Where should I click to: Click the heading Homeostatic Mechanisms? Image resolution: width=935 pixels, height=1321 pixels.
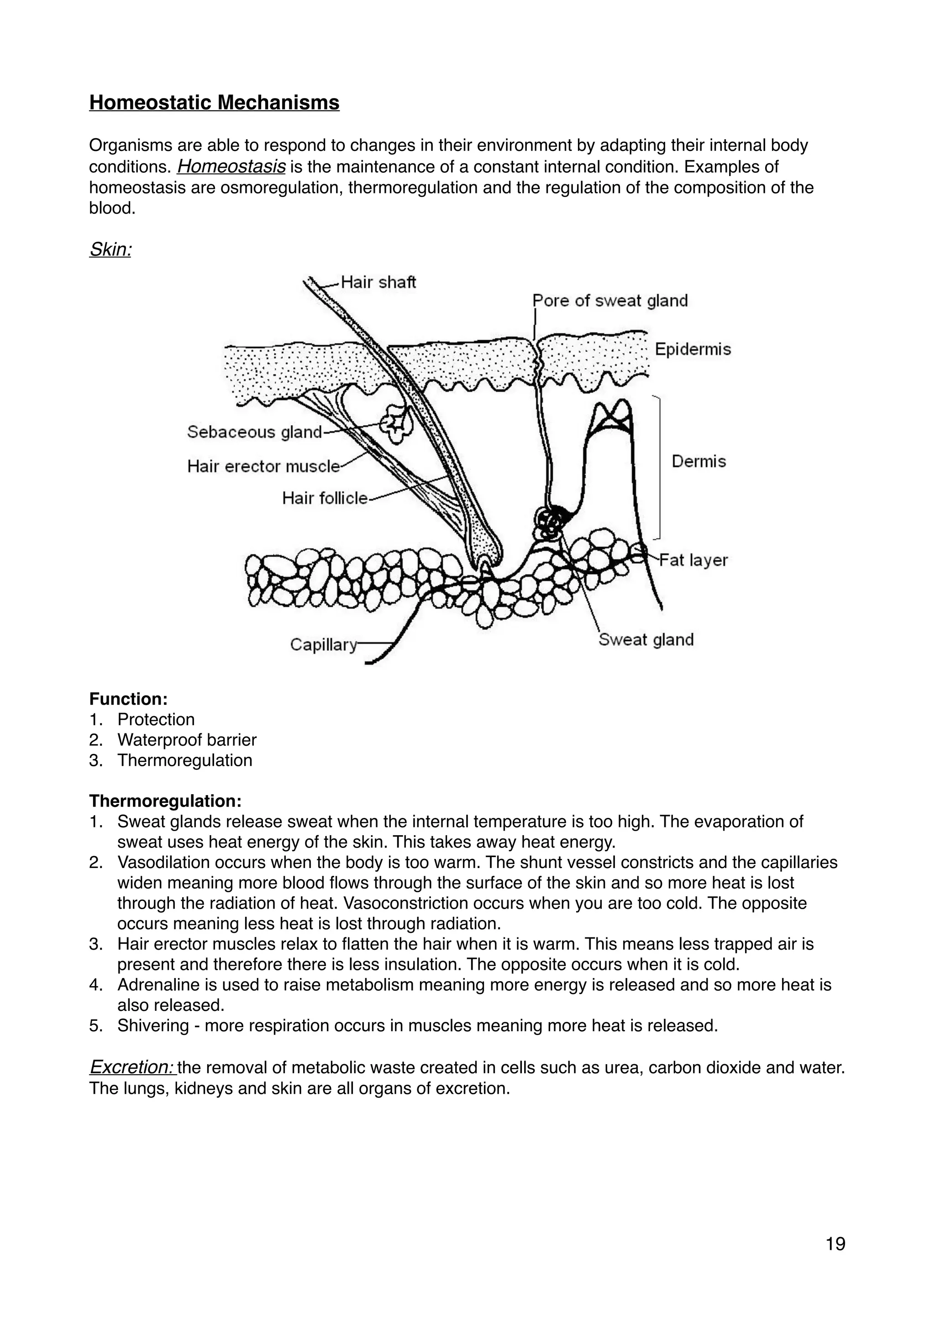[x=214, y=103]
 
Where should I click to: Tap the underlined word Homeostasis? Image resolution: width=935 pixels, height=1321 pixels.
[x=231, y=167]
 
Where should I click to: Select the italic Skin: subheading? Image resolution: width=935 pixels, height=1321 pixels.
[x=110, y=249]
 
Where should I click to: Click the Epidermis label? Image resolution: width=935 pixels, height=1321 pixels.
[x=693, y=349]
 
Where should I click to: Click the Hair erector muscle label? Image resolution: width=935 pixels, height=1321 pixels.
[x=263, y=466]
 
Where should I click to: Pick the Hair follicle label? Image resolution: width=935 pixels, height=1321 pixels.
[x=324, y=498]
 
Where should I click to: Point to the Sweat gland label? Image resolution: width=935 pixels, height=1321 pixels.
[x=646, y=640]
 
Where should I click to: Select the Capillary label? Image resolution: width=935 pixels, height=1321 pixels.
[x=323, y=645]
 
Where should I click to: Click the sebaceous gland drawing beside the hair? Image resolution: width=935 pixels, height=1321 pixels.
[x=397, y=424]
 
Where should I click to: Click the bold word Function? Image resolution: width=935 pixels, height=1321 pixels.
[x=128, y=699]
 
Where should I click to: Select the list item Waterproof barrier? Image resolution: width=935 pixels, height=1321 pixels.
[x=187, y=740]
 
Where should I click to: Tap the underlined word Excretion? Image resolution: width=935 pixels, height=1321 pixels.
[x=132, y=1068]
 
